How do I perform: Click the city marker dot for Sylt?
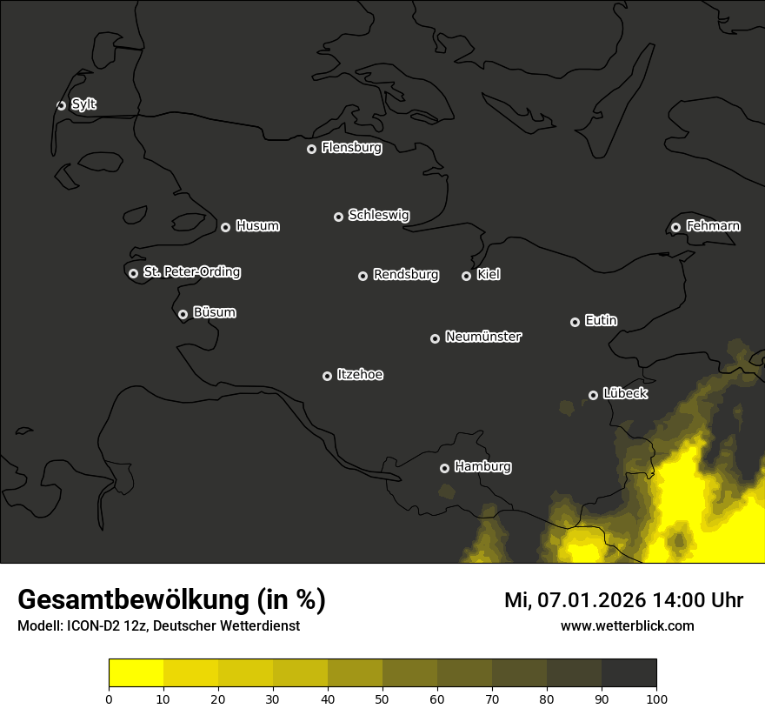click(61, 105)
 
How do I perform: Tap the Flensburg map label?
click(351, 148)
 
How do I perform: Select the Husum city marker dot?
click(225, 227)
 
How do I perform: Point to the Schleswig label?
click(378, 215)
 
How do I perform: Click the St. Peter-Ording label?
click(191, 272)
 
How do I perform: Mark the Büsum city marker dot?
click(183, 315)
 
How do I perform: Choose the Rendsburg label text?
click(405, 275)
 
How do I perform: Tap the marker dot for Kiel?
click(466, 276)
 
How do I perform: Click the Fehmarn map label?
click(713, 226)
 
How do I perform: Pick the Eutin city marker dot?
click(575, 322)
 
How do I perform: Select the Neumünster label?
click(482, 337)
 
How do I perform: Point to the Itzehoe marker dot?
click(327, 376)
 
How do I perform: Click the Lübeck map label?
click(624, 393)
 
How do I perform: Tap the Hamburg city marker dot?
click(444, 468)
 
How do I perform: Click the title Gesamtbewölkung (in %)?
click(171, 600)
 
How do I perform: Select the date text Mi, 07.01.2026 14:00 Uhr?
click(623, 600)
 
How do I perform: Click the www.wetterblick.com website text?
click(627, 625)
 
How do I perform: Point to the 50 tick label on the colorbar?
click(382, 698)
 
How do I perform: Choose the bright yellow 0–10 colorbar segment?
click(136, 673)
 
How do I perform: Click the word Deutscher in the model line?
click(196, 626)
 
